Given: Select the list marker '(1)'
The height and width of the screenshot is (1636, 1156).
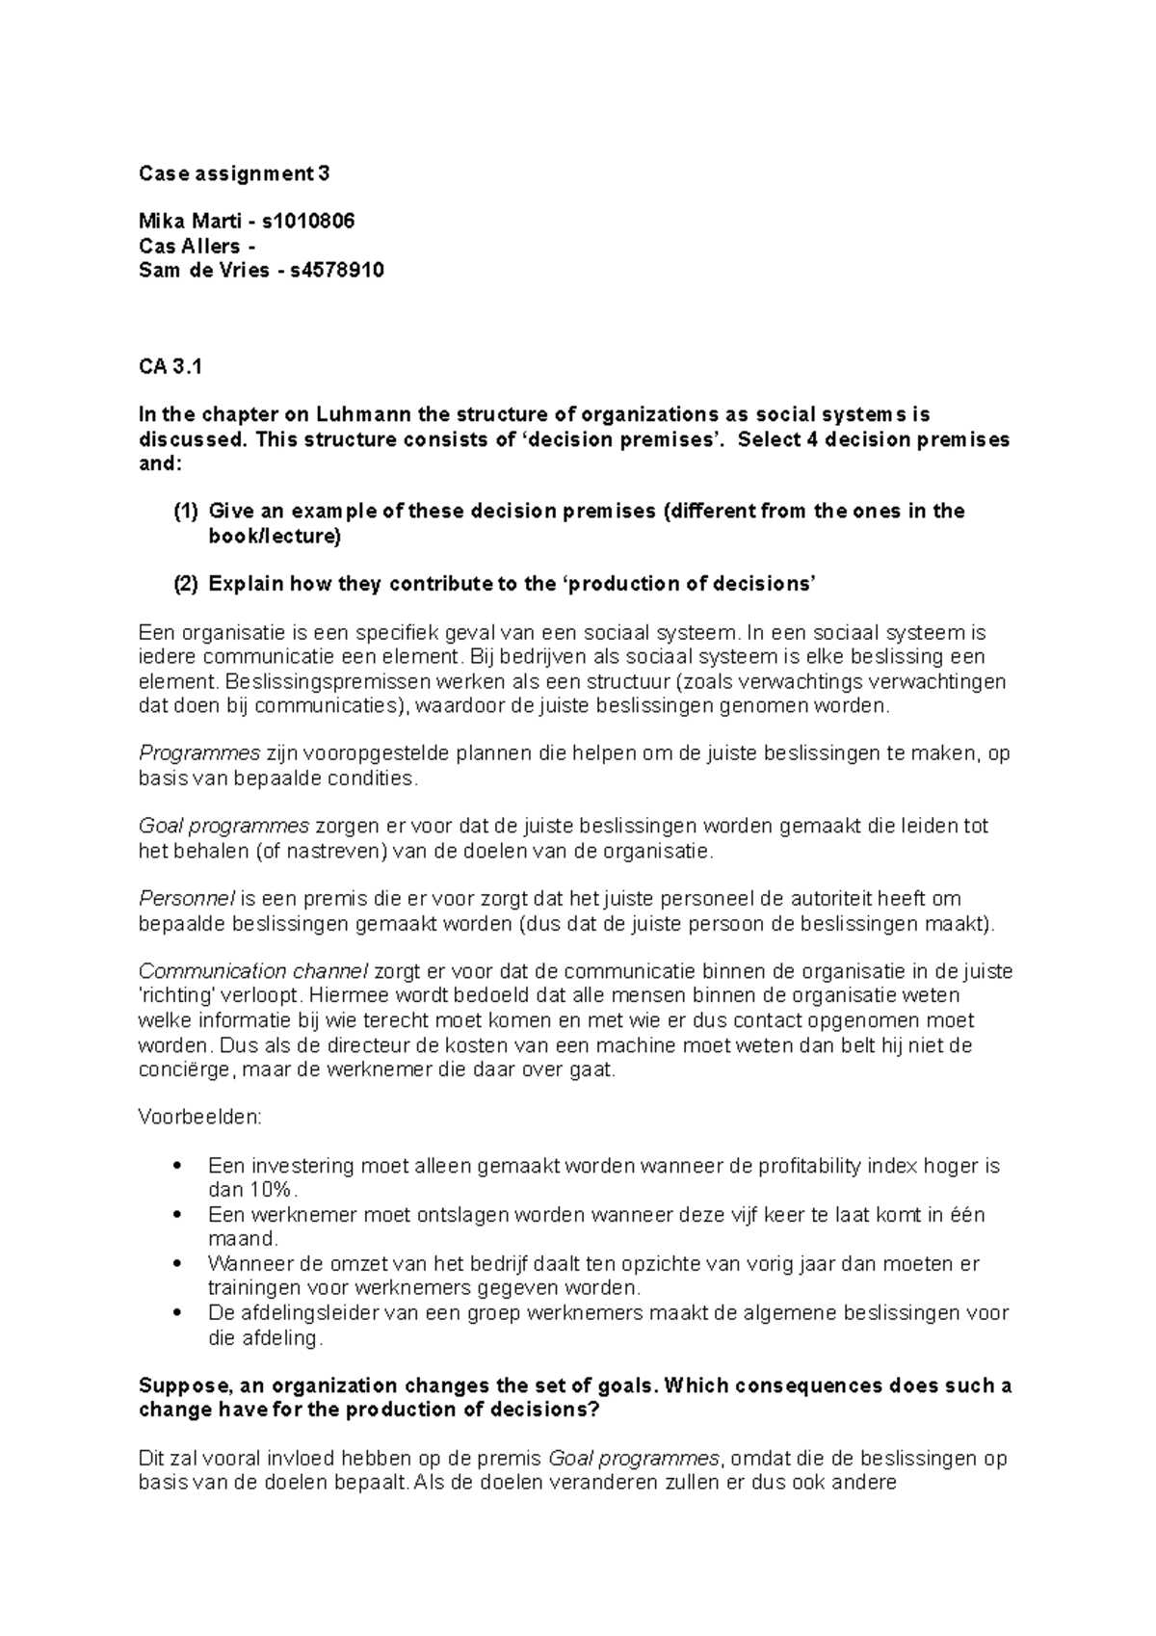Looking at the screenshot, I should (185, 512).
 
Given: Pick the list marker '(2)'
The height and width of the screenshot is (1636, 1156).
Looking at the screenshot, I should (185, 584).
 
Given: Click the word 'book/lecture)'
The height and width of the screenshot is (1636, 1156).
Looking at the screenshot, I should (275, 537).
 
